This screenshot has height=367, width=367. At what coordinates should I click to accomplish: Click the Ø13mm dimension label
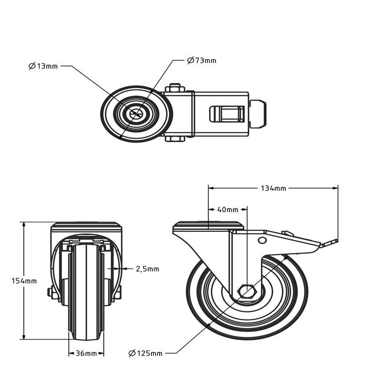tap(44, 66)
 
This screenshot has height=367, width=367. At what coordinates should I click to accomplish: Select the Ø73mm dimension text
tap(202, 60)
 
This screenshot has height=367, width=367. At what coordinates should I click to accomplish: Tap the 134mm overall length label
tap(273, 188)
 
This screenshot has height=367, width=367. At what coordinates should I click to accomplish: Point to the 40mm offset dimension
tap(227, 210)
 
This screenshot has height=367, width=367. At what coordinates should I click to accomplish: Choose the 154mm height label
tap(24, 280)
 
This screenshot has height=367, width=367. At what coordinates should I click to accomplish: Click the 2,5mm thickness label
tap(147, 269)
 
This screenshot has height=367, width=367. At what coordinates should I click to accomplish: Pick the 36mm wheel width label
tap(87, 353)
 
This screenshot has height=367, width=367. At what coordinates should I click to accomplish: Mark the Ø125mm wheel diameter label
tap(145, 353)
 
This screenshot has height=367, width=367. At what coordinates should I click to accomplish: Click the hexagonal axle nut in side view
tap(246, 291)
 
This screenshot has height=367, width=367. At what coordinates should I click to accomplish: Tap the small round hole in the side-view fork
tap(262, 240)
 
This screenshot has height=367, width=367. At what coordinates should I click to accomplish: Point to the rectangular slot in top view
tap(227, 114)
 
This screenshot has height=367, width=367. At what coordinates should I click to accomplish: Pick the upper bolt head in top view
tap(175, 88)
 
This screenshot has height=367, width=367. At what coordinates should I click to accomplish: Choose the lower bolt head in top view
tap(175, 139)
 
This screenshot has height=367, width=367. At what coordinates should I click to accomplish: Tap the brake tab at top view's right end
tap(259, 114)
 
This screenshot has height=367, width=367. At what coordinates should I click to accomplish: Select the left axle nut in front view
tap(50, 293)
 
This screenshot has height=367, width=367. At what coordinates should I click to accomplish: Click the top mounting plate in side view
tap(209, 226)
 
